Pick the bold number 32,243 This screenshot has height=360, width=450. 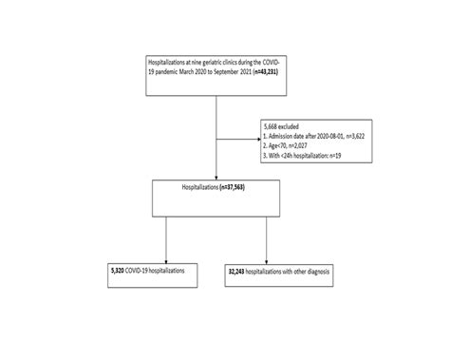coord(237,272)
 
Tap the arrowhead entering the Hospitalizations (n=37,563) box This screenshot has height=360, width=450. coord(218,178)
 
